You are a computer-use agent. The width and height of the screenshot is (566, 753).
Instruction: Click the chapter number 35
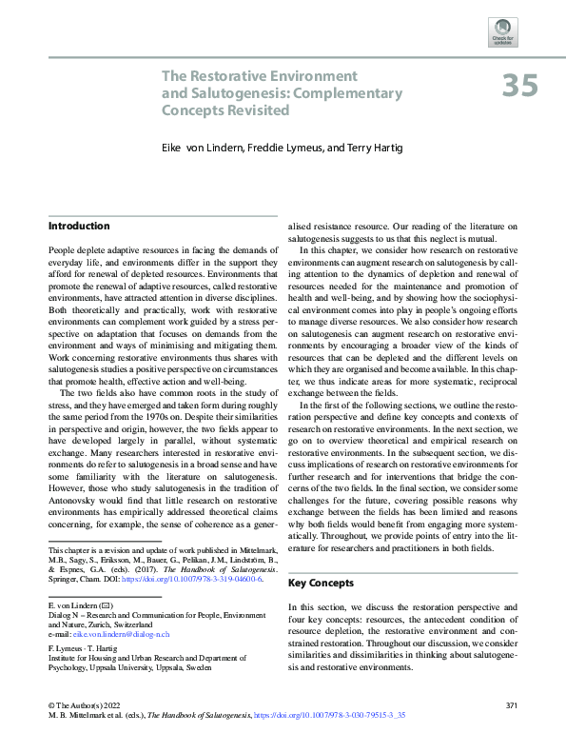point(520,86)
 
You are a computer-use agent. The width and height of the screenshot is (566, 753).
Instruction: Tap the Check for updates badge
point(502,32)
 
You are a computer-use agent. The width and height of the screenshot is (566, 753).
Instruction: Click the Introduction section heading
point(80,226)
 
